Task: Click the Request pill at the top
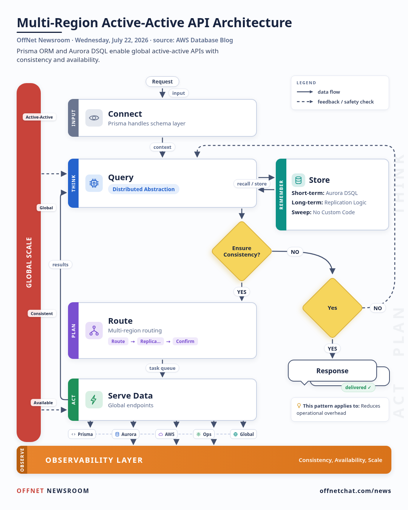[162, 82]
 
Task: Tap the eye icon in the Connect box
[94, 118]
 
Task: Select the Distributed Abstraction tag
[144, 189]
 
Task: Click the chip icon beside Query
[94, 183]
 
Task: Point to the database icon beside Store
[298, 180]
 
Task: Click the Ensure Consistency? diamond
[241, 251]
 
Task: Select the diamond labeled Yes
[332, 308]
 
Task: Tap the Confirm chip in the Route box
[185, 341]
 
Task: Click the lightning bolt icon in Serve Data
[94, 400]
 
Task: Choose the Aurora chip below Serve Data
[126, 434]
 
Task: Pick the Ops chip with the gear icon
[204, 434]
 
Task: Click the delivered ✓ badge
[358, 387]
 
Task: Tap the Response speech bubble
[332, 371]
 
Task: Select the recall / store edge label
[252, 184]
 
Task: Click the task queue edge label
[162, 368]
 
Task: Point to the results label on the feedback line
[60, 264]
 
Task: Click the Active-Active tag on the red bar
[39, 117]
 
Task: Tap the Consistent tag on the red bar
[42, 314]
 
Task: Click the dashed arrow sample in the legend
[305, 102]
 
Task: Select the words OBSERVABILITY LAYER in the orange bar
[94, 460]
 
